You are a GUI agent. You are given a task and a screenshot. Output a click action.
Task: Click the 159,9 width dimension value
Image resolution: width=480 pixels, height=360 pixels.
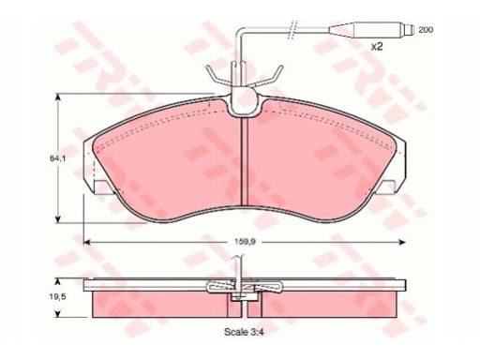coord(245,242)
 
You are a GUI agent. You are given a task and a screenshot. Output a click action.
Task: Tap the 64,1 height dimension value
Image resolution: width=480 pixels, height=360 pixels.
coord(57,158)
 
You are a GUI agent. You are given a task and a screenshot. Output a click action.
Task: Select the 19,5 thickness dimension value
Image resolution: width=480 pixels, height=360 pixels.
coord(57,297)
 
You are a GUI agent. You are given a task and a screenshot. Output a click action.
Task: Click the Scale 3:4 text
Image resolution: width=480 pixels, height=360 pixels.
coord(244,332)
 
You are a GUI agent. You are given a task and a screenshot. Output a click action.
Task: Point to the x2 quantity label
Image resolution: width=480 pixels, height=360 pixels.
coord(377,47)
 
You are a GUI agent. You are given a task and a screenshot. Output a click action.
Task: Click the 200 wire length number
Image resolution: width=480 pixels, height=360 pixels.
coord(426,30)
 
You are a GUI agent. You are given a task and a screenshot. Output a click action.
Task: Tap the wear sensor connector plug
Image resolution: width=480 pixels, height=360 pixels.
coord(371,30)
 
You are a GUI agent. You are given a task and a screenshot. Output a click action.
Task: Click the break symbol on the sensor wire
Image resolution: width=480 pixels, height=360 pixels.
coord(292,30)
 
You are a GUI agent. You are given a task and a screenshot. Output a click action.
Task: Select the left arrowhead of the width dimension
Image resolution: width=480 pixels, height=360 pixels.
coord(86,242)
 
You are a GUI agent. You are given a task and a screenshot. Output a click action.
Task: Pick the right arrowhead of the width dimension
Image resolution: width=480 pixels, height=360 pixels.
coord(402,242)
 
